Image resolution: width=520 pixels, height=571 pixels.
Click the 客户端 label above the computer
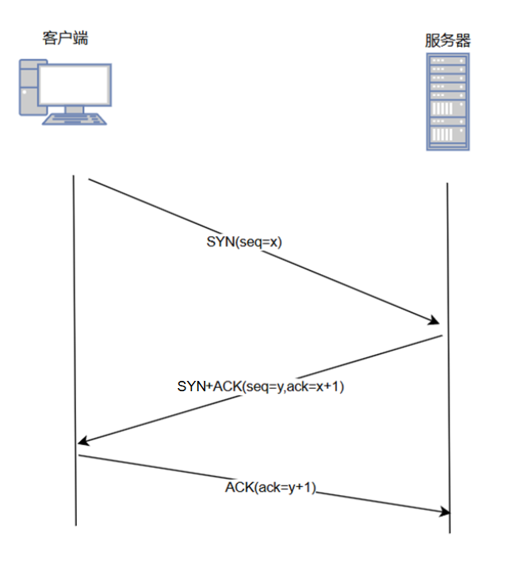click(x=65, y=37)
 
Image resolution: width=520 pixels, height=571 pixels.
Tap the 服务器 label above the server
click(x=448, y=40)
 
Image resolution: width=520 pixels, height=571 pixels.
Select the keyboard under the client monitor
click(x=75, y=120)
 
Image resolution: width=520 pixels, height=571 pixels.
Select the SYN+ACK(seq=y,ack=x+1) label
click(x=260, y=386)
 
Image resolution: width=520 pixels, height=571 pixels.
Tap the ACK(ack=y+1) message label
click(x=270, y=488)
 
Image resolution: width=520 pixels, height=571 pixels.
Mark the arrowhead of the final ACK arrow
click(x=445, y=512)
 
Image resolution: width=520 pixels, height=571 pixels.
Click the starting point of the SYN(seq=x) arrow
click(x=88, y=180)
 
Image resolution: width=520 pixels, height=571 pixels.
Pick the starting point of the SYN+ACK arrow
click(x=442, y=337)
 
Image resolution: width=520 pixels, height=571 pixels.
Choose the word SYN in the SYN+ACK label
click(x=191, y=386)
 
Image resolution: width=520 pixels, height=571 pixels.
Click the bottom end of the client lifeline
click(x=76, y=524)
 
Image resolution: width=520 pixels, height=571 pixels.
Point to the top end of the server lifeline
click(x=448, y=184)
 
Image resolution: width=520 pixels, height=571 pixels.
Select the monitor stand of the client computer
click(x=75, y=110)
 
